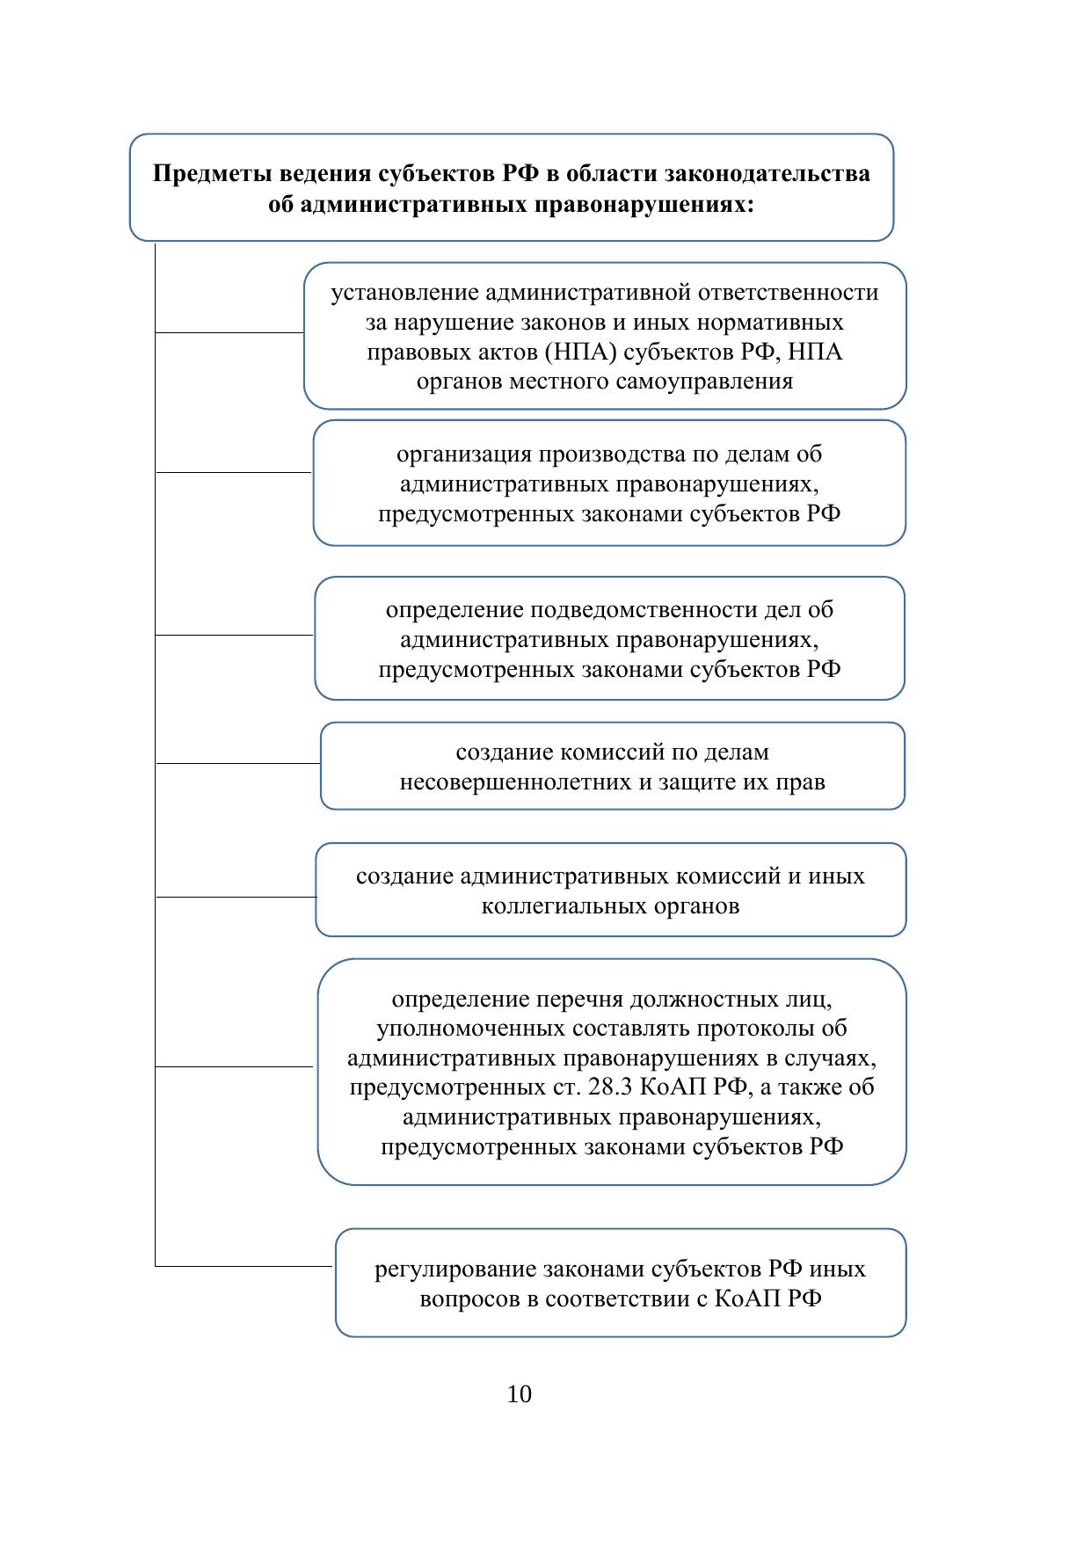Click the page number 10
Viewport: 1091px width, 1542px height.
tap(520, 1394)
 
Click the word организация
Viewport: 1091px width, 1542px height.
tap(464, 455)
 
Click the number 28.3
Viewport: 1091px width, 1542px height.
tap(605, 1087)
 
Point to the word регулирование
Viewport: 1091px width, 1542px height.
tap(455, 1269)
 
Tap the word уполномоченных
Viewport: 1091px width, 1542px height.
tap(471, 1029)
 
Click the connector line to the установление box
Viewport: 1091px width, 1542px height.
tap(229, 333)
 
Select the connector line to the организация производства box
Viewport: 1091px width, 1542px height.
tap(234, 472)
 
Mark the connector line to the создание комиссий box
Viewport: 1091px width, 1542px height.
tap(237, 763)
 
